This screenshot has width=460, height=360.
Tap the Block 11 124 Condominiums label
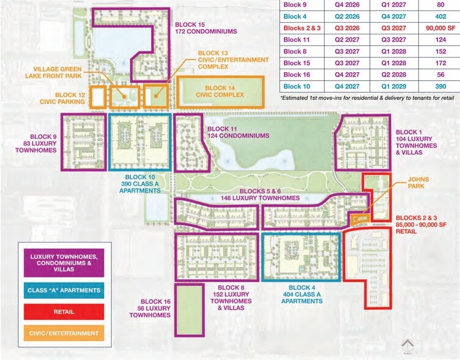239,132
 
